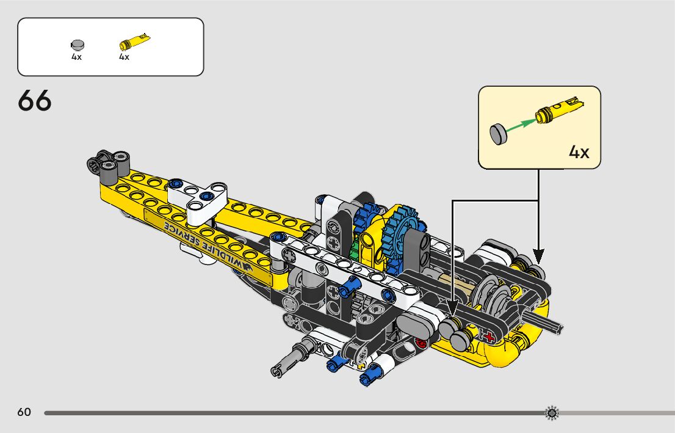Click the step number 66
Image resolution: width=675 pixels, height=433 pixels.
point(35,101)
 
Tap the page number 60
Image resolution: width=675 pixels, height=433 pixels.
point(24,412)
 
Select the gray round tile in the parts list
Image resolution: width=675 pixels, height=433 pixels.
point(77,45)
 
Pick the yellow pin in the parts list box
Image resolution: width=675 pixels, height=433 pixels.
point(134,42)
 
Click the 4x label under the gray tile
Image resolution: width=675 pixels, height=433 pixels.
point(76,57)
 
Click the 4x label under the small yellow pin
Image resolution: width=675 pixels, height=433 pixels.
point(124,57)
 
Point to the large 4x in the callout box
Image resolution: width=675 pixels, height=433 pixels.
point(579,152)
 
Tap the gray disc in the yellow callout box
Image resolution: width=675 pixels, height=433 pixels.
point(499,133)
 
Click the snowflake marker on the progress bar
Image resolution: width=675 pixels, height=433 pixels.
point(551,413)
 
